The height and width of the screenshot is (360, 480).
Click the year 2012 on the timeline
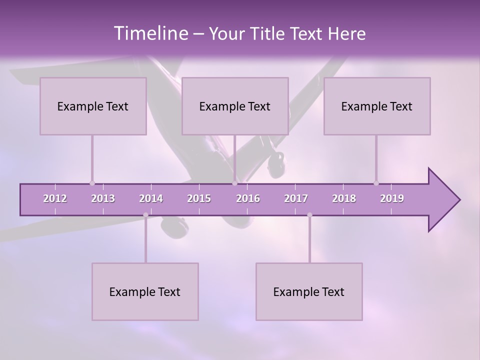point(55,198)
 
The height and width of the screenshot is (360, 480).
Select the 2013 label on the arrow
point(103,198)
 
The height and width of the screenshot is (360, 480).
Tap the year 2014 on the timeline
point(151,198)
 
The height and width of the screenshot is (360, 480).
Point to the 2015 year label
point(199,198)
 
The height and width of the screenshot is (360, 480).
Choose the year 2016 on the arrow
point(248,198)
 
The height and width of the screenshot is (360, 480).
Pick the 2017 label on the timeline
point(296,198)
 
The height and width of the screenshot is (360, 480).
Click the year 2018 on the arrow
point(344,198)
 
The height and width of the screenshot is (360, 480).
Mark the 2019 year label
point(392,198)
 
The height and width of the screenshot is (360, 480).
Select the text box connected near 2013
point(93,106)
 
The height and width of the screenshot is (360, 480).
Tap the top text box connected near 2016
point(235,106)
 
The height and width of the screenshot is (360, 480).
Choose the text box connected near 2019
point(377,106)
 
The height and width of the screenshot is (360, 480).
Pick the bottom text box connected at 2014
point(145,291)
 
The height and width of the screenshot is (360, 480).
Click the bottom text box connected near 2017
point(309,291)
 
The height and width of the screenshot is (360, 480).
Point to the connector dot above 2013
point(92,183)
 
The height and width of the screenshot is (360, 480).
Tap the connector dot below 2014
point(145,215)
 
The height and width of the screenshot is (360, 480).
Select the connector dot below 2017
point(309,215)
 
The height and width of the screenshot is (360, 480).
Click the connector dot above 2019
point(376,183)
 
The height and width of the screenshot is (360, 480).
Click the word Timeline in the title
point(150,33)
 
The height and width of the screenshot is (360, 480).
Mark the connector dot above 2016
point(234,183)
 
